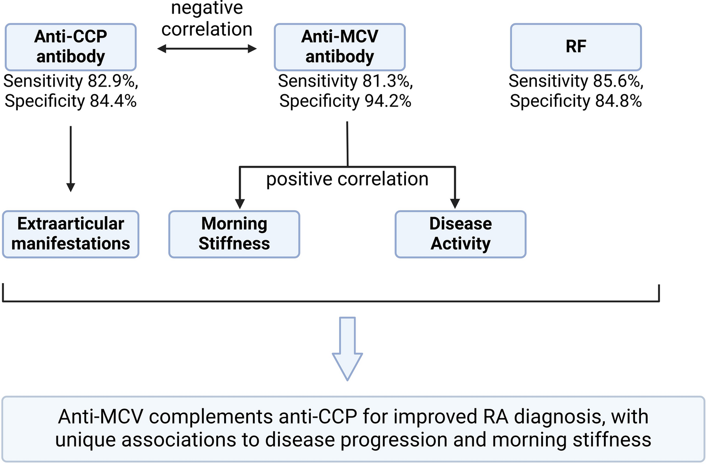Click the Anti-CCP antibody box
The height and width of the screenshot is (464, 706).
pyautogui.click(x=71, y=47)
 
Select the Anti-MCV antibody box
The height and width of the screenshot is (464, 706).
pyautogui.click(x=340, y=47)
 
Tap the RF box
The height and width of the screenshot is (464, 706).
pyautogui.click(x=576, y=47)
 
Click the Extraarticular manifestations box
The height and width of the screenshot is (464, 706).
pyautogui.click(x=71, y=234)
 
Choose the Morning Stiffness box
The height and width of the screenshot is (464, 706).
pyautogui.click(x=234, y=234)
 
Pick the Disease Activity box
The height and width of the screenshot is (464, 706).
pyautogui.click(x=460, y=234)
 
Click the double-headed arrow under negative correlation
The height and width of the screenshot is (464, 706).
pyautogui.click(x=207, y=49)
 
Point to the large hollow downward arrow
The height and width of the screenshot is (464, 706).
pyautogui.click(x=347, y=349)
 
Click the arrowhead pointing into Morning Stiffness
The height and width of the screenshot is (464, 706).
pyautogui.click(x=240, y=203)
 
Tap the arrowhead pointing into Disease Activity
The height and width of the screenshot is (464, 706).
pyautogui.click(x=455, y=203)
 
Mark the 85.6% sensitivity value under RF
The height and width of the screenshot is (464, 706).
pyautogui.click(x=618, y=81)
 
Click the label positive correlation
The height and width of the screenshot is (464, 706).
pyautogui.click(x=347, y=179)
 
